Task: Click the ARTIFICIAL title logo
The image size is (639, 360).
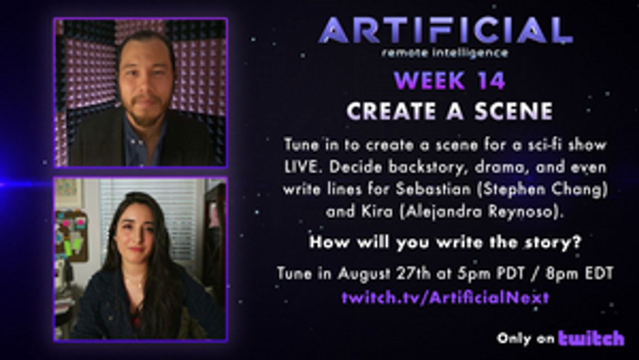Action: tap(445, 31)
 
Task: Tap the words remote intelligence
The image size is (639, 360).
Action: tap(445, 53)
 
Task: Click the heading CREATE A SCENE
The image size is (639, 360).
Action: tap(449, 110)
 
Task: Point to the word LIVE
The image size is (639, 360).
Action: tap(302, 167)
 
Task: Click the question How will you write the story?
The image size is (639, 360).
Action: tap(445, 242)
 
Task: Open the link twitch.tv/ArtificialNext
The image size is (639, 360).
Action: tap(445, 298)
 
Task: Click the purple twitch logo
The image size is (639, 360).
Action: tap(591, 339)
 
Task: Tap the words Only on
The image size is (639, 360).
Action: tap(525, 339)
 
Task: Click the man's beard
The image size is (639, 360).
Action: tap(145, 114)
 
